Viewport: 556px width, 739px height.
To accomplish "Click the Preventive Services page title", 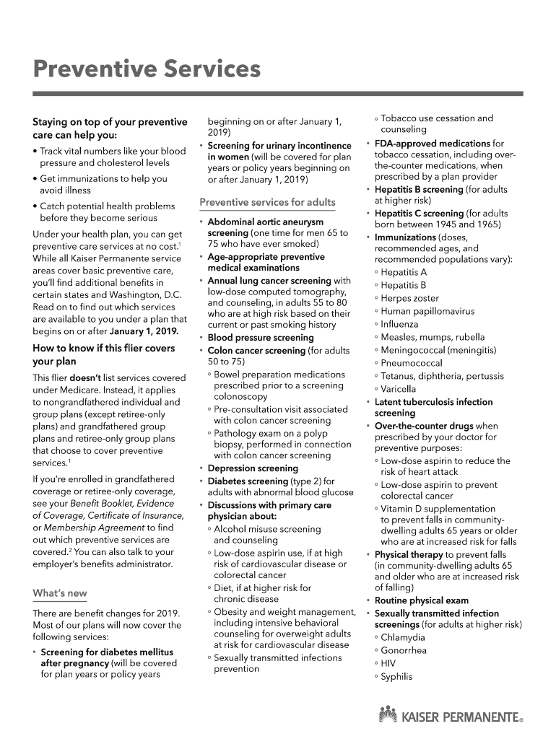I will click(147, 70).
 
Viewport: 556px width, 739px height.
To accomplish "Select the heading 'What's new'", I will click(60, 593).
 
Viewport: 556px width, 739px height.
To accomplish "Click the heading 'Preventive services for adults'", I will click(267, 202).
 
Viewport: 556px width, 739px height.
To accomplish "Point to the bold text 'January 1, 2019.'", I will click(144, 331).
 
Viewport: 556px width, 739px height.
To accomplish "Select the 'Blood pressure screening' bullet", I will click(260, 338).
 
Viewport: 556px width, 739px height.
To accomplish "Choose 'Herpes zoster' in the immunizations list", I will click(409, 298).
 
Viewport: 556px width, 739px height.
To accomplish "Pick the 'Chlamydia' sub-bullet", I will click(403, 637).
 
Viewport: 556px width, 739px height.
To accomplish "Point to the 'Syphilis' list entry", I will click(396, 676).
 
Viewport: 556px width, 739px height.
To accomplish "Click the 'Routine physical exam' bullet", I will click(421, 600).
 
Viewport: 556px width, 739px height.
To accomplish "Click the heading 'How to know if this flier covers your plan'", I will click(103, 354).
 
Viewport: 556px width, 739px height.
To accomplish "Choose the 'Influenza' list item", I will click(399, 324).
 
